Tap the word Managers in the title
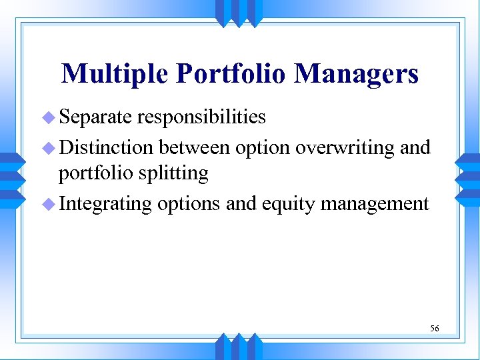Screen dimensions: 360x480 point(357,74)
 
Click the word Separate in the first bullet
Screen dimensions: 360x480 point(97,117)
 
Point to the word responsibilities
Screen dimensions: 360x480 point(201,118)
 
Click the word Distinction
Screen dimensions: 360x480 point(107,146)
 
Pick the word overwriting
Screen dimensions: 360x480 point(345,146)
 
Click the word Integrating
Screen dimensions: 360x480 point(106,203)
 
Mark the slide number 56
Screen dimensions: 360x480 point(434,328)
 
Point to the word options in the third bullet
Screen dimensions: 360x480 point(189,203)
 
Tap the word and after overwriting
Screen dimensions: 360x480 point(415,146)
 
